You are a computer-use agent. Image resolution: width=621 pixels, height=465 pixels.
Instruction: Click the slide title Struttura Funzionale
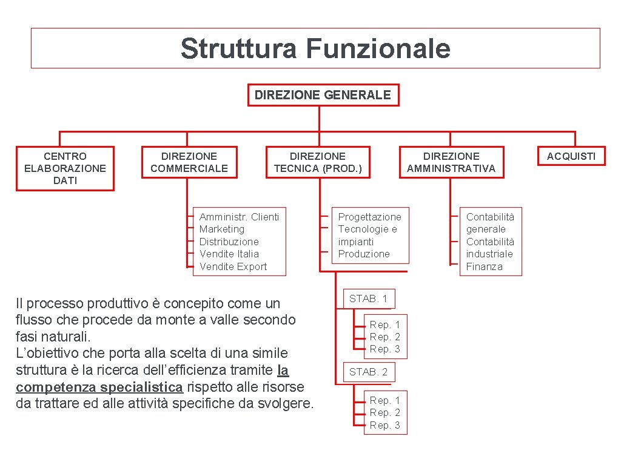coord(315,48)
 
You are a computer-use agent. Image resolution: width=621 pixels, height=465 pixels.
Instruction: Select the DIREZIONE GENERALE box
coord(323,95)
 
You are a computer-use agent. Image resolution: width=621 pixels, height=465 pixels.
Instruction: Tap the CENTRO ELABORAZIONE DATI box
coord(65,168)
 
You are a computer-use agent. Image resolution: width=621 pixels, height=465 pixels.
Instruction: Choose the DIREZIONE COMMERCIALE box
coord(189,162)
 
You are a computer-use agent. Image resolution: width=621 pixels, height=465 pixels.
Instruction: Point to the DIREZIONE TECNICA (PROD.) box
coord(318,162)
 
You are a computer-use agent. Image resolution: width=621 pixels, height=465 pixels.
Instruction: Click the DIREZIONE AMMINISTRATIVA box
coord(451,162)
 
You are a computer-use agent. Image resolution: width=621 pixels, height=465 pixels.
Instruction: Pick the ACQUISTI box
coord(571,156)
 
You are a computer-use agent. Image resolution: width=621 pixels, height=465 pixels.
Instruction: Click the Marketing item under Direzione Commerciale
coord(222,229)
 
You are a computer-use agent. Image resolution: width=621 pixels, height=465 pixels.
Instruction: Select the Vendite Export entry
coord(233,266)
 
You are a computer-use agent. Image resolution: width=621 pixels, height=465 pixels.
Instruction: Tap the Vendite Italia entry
coord(229,254)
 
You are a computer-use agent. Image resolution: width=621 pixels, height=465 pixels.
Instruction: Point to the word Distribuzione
coord(229,242)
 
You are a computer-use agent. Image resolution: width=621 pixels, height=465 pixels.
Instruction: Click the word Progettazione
coord(369,217)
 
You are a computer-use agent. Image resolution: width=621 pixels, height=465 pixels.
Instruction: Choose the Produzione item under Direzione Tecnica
coord(364,254)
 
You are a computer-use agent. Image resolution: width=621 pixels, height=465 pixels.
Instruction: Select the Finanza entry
coord(484,266)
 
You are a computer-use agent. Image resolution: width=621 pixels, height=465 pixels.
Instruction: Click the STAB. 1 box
coord(368,298)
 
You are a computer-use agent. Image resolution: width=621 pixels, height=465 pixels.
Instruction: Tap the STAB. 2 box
coord(368,372)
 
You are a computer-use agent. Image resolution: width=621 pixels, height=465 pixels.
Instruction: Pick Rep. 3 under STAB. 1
coord(385,349)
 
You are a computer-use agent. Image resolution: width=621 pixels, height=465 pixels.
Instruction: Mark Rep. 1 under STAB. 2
coord(385,400)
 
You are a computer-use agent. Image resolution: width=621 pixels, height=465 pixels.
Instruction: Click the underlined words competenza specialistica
coord(99,387)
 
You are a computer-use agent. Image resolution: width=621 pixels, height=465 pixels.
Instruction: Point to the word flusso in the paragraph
coord(32,320)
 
